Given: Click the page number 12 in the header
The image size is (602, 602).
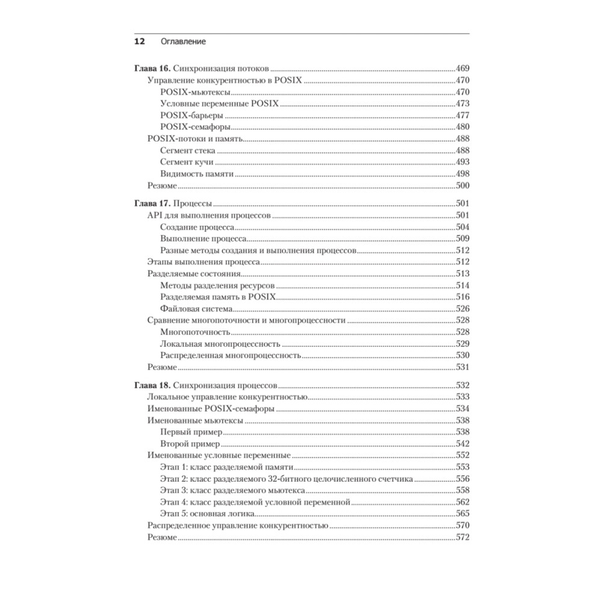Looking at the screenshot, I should pos(138,42).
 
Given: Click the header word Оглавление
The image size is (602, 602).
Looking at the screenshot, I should pos(184,42).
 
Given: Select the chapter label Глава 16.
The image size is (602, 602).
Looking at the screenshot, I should pos(148,69).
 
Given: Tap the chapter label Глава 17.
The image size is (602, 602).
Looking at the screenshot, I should pos(148,205).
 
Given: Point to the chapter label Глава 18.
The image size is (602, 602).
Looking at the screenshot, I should pos(148,385).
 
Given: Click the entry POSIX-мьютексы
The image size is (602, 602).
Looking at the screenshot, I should pos(196,92).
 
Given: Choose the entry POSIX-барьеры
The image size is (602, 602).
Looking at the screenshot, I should pos(191,115).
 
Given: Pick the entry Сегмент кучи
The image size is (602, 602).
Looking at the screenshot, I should pos(187,163).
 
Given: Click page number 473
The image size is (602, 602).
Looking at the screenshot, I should pos(462,104).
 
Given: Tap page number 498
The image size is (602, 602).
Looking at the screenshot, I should pos(462,174).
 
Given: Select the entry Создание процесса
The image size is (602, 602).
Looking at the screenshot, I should pos(197,228).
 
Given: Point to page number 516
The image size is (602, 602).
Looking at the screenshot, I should pos(462,297).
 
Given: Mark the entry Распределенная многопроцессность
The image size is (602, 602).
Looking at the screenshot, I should pos(231,355).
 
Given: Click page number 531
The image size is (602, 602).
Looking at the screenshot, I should pos(462,367).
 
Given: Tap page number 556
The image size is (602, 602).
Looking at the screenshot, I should pos(462,479).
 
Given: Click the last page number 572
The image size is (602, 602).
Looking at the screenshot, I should pos(462,537).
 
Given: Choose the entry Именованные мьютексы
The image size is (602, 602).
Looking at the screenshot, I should pos(195,420).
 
